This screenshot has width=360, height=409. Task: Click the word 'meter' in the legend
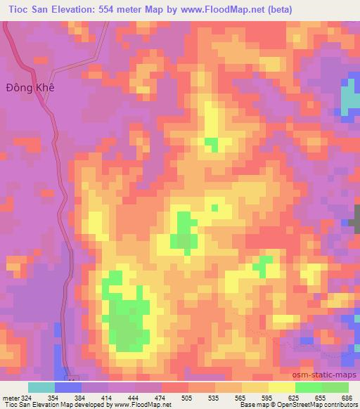(x=11, y=398)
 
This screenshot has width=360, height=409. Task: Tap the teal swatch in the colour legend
(x=41, y=387)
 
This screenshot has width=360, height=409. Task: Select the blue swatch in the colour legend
(x=67, y=387)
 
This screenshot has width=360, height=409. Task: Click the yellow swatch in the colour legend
(x=281, y=387)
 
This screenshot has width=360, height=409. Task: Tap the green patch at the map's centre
(x=184, y=234)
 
